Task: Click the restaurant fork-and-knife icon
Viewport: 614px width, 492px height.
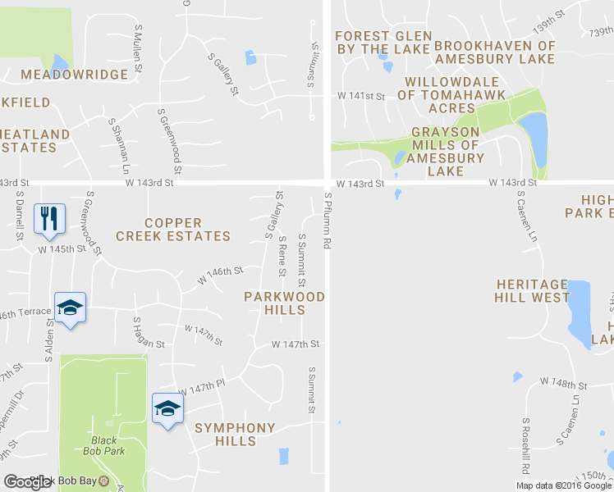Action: tap(48, 218)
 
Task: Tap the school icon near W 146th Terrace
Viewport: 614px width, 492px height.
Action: tap(70, 307)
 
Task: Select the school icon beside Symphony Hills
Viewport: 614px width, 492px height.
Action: tap(167, 408)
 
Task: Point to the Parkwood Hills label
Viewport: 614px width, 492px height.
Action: tap(285, 303)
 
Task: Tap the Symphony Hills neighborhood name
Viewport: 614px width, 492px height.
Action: tap(234, 435)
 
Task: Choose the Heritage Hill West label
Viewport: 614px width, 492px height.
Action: tap(532, 290)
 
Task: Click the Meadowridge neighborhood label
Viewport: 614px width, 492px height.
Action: tap(75, 75)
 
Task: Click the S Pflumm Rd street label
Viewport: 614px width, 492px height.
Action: tap(327, 221)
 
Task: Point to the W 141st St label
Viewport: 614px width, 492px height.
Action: tap(360, 97)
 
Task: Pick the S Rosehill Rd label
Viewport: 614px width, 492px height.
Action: tap(524, 446)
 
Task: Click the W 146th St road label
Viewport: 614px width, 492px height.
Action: tap(220, 275)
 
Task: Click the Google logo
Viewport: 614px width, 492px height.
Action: tap(27, 482)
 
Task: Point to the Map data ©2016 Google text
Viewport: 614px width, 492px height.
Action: tap(564, 485)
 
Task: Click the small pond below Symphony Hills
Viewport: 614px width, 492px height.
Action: tap(284, 456)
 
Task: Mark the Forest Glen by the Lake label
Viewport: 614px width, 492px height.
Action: tap(383, 43)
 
